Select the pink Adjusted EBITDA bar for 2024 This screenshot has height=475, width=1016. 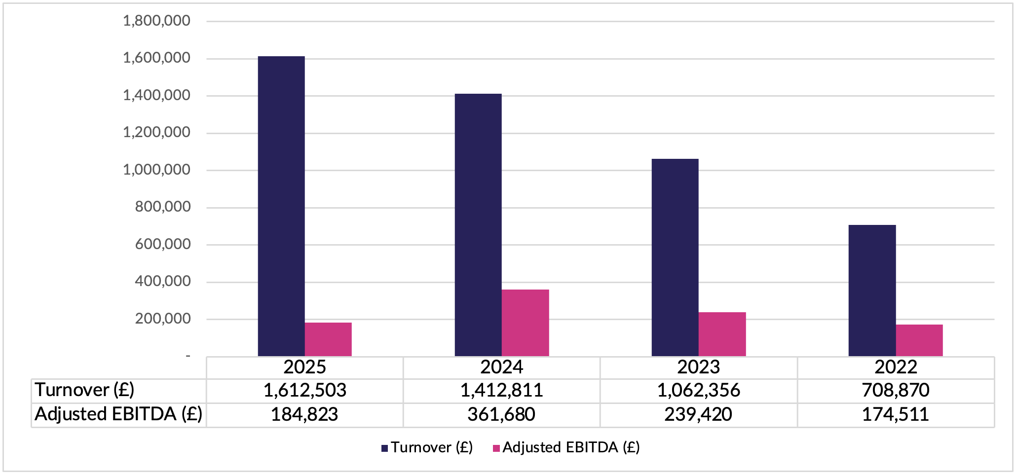pyautogui.click(x=525, y=323)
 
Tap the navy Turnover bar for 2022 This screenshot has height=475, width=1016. pyautogui.click(x=872, y=291)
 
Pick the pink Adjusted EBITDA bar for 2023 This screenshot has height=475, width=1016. pyautogui.click(x=722, y=334)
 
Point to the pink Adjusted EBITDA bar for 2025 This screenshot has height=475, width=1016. pyautogui.click(x=328, y=339)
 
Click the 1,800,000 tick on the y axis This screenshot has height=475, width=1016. pyautogui.click(x=156, y=21)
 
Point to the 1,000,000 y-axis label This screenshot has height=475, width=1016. pyautogui.click(x=156, y=170)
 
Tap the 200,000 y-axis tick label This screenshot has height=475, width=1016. pyautogui.click(x=163, y=319)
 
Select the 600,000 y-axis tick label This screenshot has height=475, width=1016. pyautogui.click(x=163, y=244)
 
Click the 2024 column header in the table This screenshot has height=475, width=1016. pyautogui.click(x=501, y=367)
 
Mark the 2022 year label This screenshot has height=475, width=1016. pyautogui.click(x=896, y=367)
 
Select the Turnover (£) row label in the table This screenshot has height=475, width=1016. pyautogui.click(x=84, y=390)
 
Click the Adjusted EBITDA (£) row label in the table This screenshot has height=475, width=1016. pyautogui.click(x=118, y=414)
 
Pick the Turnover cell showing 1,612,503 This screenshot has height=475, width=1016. pyautogui.click(x=304, y=391)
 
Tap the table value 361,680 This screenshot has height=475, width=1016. pyautogui.click(x=501, y=414)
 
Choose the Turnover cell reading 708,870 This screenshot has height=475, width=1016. pyautogui.click(x=896, y=391)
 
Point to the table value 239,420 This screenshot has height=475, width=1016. pyautogui.click(x=698, y=414)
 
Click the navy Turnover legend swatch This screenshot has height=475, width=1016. pyautogui.click(x=385, y=448)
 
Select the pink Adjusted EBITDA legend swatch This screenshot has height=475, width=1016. pyautogui.click(x=496, y=448)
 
